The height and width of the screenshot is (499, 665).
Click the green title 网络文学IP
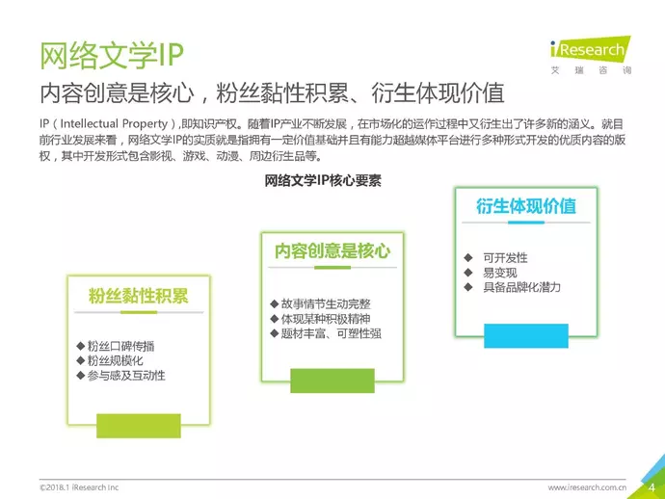[x=112, y=56]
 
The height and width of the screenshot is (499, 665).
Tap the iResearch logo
[x=591, y=55]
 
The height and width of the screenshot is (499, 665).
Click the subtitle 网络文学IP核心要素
[x=323, y=180]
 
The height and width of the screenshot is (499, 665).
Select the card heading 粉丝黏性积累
[x=138, y=296]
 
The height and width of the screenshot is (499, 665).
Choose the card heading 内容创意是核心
[x=332, y=251]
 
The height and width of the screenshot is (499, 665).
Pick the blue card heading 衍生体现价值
[x=526, y=206]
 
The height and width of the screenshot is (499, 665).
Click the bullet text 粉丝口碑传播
[x=120, y=347]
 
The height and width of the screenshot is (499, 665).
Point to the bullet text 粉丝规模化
[x=116, y=361]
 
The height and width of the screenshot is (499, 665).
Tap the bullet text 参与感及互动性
[x=126, y=375]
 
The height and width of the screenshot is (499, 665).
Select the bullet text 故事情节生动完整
[x=326, y=304]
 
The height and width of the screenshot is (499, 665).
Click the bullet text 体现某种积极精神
[x=326, y=319]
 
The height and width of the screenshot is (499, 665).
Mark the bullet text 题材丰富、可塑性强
[x=332, y=333]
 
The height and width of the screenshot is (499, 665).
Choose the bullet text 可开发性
[x=505, y=258]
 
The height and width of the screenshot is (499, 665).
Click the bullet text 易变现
[x=499, y=273]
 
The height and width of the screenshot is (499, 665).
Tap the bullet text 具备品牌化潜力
[x=521, y=287]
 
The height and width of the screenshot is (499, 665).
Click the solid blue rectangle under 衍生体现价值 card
[x=526, y=336]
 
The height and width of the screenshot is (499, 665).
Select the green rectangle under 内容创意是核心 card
[x=332, y=381]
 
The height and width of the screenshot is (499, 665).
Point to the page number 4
[x=652, y=487]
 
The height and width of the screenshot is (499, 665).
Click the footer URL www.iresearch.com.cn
[x=587, y=487]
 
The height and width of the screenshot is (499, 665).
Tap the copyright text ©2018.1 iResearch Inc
[x=79, y=487]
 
